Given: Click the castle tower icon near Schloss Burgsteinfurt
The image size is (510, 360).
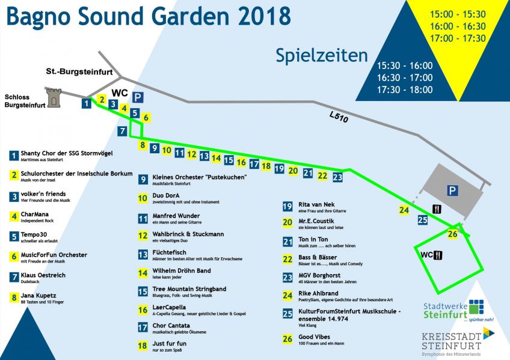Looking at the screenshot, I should [54, 97].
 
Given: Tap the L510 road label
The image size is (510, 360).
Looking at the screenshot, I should [338, 118].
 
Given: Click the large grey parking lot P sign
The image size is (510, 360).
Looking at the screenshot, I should [452, 191].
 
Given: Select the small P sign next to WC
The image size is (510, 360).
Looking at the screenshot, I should [138, 97].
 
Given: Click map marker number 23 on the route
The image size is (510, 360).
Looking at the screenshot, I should [337, 177].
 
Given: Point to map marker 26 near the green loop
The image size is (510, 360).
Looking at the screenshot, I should [453, 234].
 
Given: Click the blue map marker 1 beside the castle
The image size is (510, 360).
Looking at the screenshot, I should [87, 104].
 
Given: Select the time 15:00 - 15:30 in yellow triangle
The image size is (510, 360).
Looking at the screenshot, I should [458, 14].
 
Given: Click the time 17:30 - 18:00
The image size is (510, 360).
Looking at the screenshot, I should [405, 90].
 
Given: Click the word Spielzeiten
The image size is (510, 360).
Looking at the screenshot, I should [322, 55].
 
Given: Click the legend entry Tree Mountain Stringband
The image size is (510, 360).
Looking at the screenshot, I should [189, 289].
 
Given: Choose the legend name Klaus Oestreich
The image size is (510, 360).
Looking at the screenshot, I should [43, 275].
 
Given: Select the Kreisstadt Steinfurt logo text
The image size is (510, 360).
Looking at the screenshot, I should [451, 341].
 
